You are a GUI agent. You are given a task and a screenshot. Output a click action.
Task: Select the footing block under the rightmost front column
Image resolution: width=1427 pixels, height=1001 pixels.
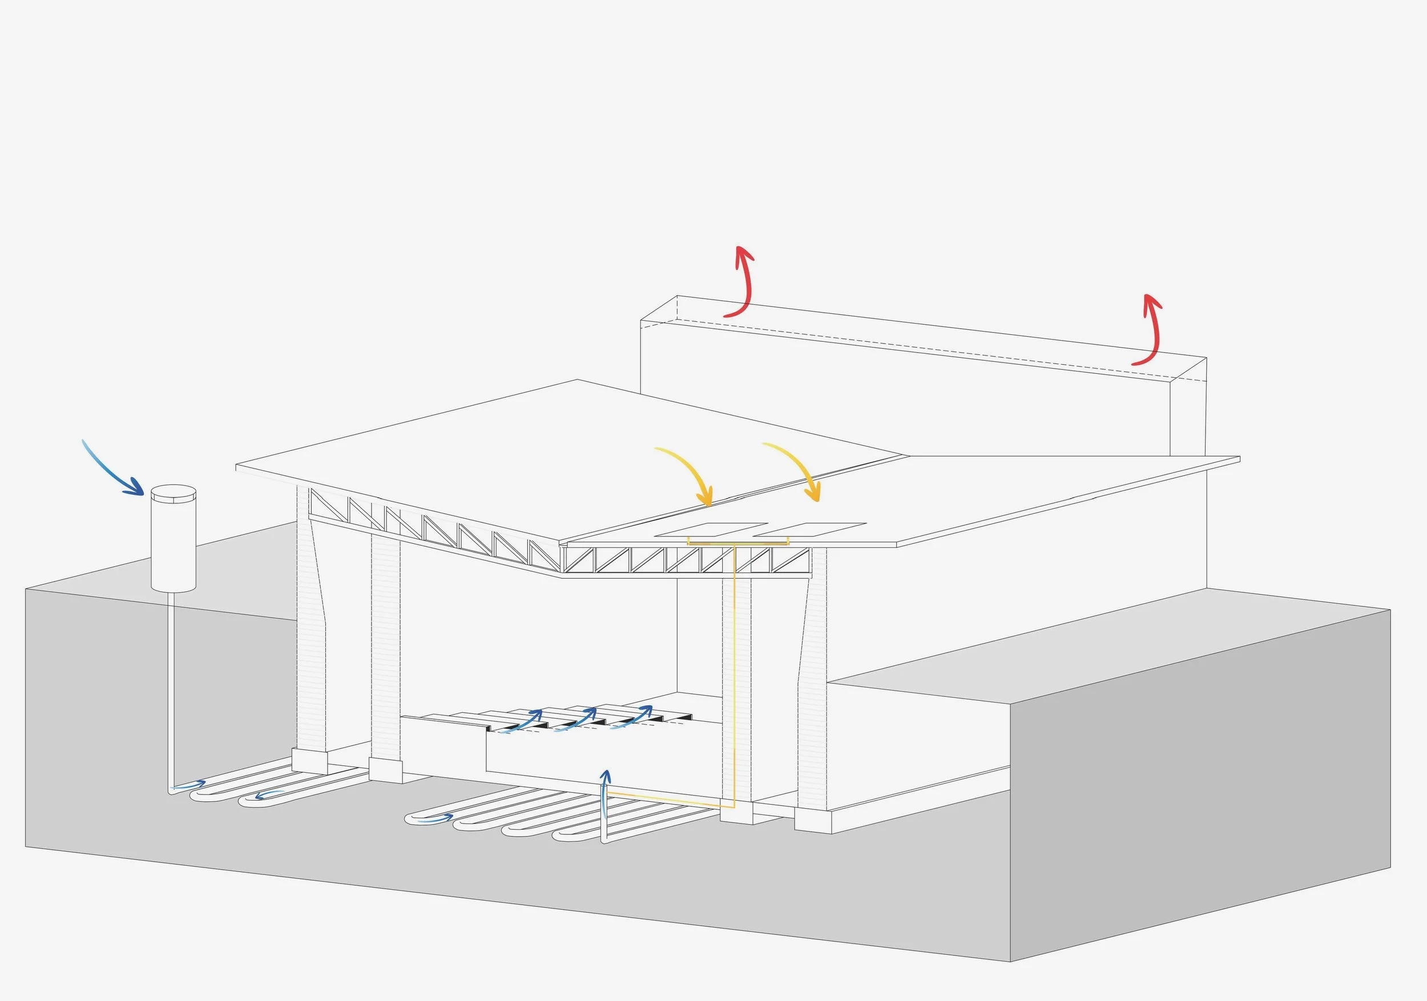[813, 821]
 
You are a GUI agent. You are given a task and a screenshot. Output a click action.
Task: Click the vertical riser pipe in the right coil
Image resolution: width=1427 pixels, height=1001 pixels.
[603, 820]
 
